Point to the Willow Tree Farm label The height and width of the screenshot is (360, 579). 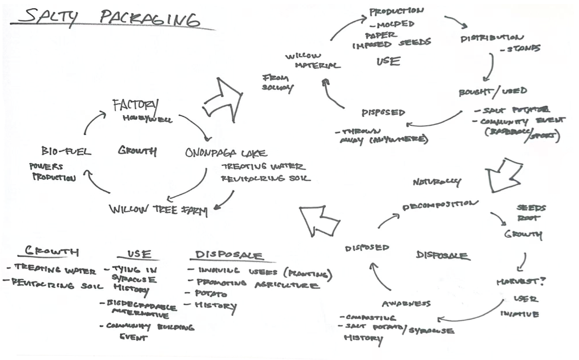(x=158, y=210)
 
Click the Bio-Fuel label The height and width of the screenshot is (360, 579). (x=66, y=151)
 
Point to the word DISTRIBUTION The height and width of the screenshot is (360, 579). (x=492, y=37)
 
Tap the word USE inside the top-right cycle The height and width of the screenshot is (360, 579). (x=388, y=61)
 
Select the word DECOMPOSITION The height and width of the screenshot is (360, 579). (x=440, y=205)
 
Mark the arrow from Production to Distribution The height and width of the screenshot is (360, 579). (x=456, y=21)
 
